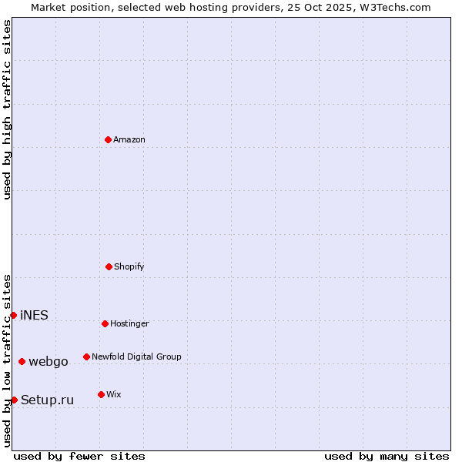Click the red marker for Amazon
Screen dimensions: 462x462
[108, 139]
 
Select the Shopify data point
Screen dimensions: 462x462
[109, 266]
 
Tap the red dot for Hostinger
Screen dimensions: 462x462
[105, 323]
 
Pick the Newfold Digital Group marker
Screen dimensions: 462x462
[86, 357]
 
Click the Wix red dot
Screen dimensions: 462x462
[101, 394]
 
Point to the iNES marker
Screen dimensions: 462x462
[13, 315]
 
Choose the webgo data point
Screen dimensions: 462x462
[22, 361]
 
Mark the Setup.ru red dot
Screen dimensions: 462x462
[14, 400]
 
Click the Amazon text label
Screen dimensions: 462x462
[129, 139]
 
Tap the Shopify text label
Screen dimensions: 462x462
[129, 266]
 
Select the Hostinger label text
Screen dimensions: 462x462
[129, 323]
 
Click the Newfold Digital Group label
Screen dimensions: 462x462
[136, 357]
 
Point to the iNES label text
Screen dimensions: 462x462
[34, 315]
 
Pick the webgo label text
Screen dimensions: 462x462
[49, 361]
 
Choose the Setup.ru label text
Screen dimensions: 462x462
[47, 400]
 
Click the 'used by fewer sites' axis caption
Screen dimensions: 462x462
[79, 456]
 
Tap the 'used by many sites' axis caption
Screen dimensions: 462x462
[387, 456]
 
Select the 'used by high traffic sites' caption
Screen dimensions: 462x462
[7, 109]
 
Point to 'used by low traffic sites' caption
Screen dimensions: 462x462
[7, 360]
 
